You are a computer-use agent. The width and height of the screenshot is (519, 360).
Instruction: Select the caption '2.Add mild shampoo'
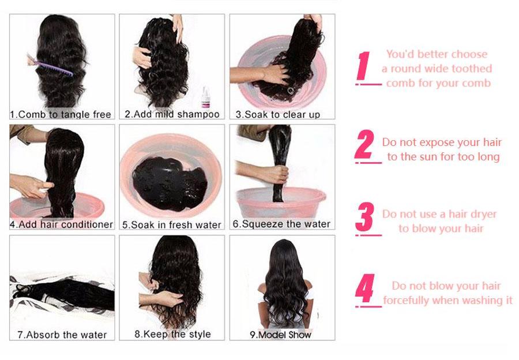point(172,114)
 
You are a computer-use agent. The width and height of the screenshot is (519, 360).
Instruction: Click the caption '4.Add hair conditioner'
point(61,224)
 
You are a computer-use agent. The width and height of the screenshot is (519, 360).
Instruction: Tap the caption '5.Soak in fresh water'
point(172,224)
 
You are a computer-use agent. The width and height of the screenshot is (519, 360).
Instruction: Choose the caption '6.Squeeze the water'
point(281,224)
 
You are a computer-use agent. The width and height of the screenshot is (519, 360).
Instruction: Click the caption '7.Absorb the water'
point(62,335)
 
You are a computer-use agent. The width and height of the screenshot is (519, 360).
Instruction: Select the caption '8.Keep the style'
point(172,334)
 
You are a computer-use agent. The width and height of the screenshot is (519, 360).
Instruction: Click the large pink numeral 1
point(363,66)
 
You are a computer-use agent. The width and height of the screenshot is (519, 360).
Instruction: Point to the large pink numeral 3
point(364,218)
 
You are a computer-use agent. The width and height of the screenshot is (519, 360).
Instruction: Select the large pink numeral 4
point(364,290)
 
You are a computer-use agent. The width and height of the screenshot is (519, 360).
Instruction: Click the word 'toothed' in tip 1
point(473,69)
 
